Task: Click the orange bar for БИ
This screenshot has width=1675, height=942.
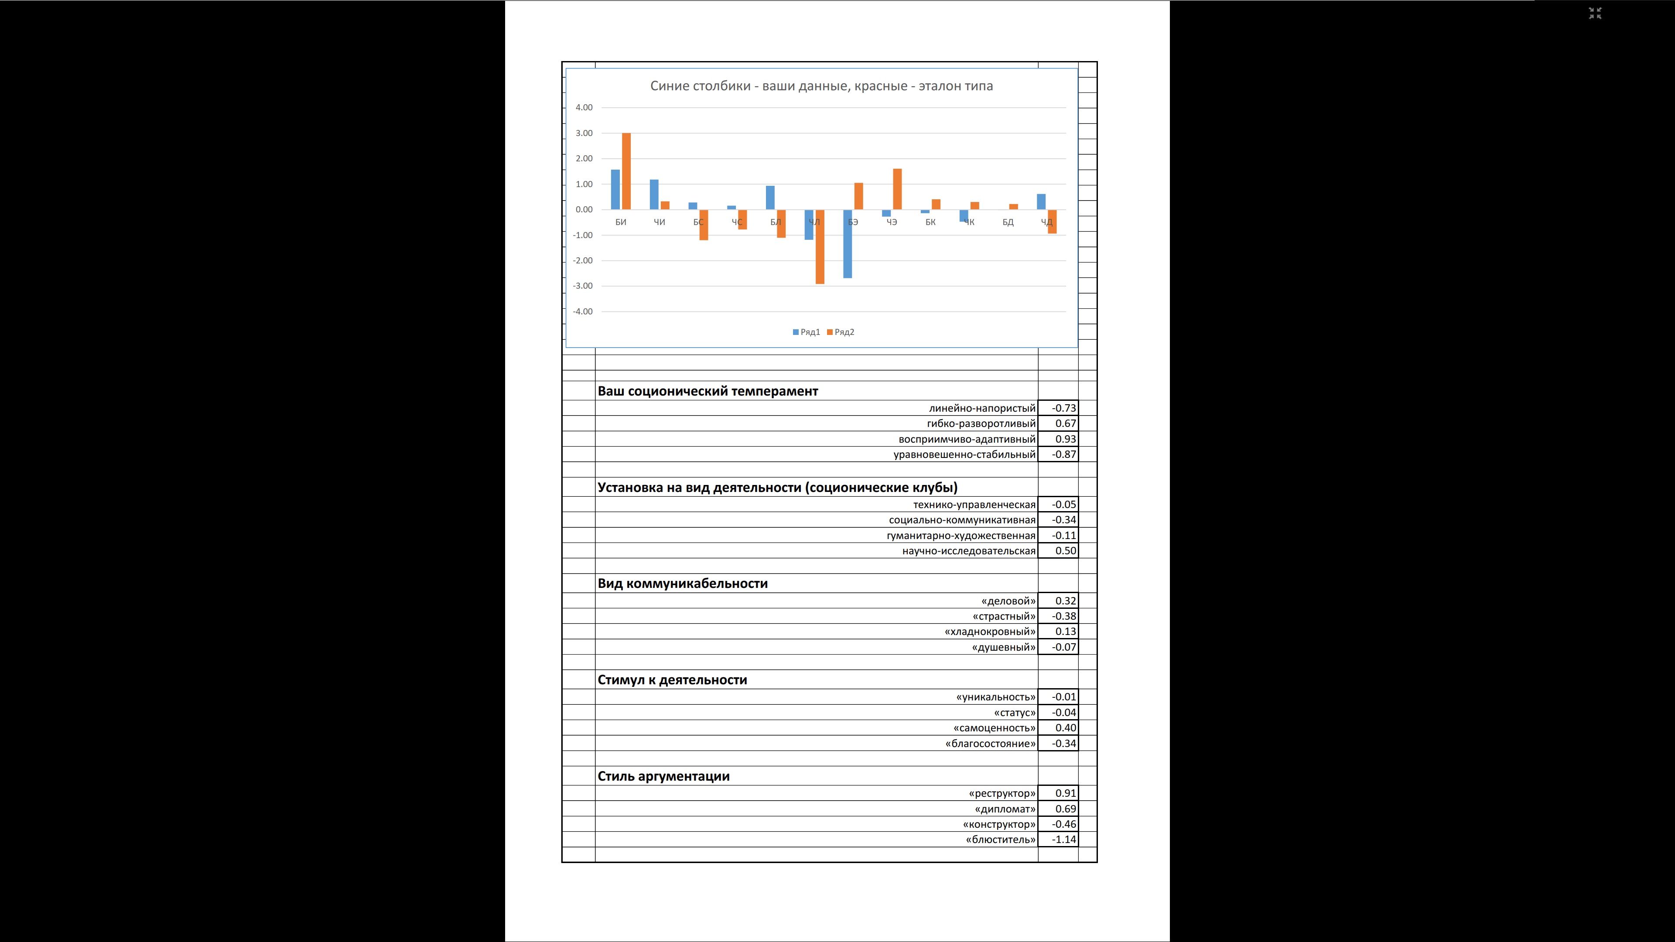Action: click(626, 171)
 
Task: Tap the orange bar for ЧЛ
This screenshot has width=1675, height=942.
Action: click(820, 246)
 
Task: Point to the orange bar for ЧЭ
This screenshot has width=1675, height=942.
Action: click(897, 189)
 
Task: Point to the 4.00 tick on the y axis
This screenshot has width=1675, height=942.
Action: click(583, 108)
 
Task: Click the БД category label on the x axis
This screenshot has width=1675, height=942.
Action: click(1007, 222)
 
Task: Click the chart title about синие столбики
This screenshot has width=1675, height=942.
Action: click(821, 86)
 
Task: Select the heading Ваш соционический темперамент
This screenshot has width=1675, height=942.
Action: click(708, 391)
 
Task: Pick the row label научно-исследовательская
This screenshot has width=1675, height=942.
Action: click(968, 551)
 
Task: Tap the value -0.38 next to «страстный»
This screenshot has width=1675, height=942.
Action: click(1064, 616)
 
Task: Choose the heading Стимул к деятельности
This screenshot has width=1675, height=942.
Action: click(672, 680)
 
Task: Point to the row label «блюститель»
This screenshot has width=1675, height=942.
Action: click(1000, 840)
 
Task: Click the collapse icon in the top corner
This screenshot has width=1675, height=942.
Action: click(1594, 14)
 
